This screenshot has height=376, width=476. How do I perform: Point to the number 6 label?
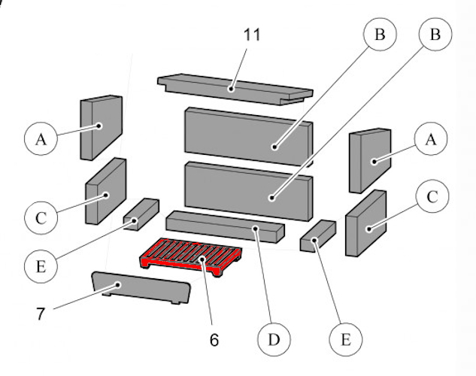(214, 339)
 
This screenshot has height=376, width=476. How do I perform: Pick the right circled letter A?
(431, 138)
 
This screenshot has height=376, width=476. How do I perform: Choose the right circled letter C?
(432, 198)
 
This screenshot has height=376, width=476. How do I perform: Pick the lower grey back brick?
(247, 188)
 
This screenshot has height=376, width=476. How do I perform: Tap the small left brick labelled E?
(141, 213)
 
